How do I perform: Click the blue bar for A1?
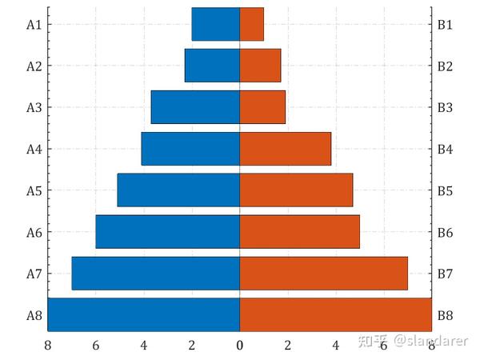point(216,24)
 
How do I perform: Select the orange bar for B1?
point(252,24)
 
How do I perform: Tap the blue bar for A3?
point(195,107)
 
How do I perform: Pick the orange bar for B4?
point(286,149)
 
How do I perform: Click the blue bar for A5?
point(178,190)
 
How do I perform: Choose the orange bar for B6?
point(300,232)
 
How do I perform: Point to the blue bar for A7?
point(156,274)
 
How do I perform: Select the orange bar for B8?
point(336,314)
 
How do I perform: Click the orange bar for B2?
point(261,66)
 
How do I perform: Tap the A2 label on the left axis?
point(34,66)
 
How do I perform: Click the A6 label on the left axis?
point(34,233)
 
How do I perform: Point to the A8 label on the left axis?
point(34,315)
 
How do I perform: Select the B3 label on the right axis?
point(446,108)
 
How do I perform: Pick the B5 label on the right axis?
point(446,191)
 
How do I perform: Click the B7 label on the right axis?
point(446,274)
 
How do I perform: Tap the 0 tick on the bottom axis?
point(240,345)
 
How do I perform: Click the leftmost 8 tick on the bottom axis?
point(48,345)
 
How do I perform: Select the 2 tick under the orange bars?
point(288,345)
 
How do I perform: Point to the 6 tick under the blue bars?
point(96,345)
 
